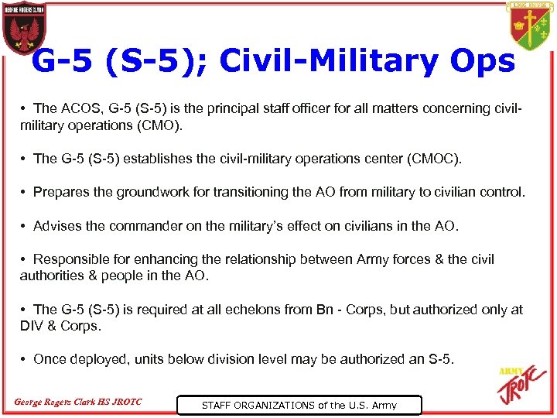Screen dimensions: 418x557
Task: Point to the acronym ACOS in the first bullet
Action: coord(79,108)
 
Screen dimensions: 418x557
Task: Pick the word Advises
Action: coord(57,226)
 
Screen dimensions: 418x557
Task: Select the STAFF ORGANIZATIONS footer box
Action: coord(299,405)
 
